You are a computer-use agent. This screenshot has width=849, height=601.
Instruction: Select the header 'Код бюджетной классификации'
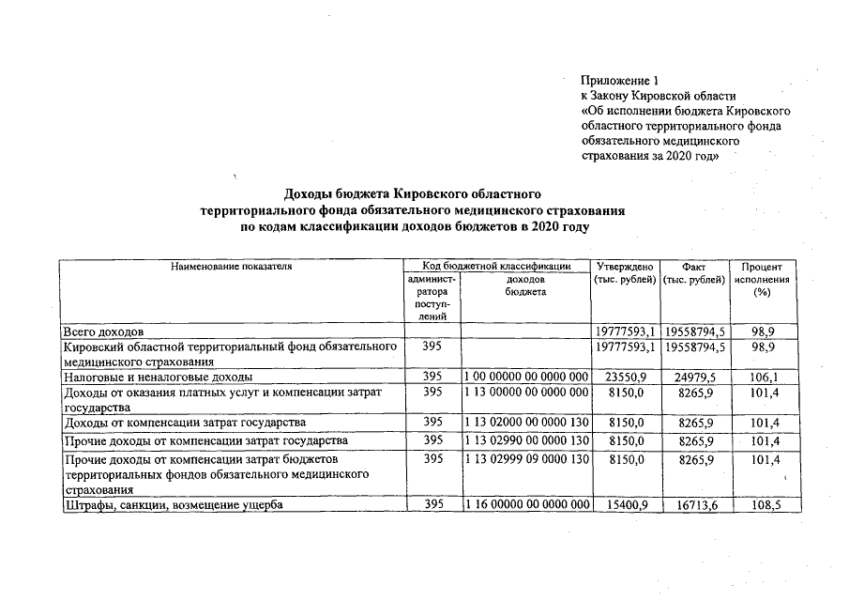pos(496,267)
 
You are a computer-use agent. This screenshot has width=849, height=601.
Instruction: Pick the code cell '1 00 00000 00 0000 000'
pos(526,377)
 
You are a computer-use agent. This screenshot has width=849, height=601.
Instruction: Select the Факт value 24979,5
pos(695,377)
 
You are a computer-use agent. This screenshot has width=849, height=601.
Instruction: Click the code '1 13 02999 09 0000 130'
pos(526,459)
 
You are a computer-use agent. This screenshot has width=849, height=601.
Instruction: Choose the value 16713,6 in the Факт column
pos(695,505)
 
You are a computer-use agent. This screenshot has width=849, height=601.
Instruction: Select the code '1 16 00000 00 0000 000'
pos(526,505)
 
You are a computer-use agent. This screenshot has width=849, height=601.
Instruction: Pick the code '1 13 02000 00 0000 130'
pos(526,422)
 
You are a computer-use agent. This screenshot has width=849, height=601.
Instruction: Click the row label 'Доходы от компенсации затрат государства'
pos(184,422)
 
